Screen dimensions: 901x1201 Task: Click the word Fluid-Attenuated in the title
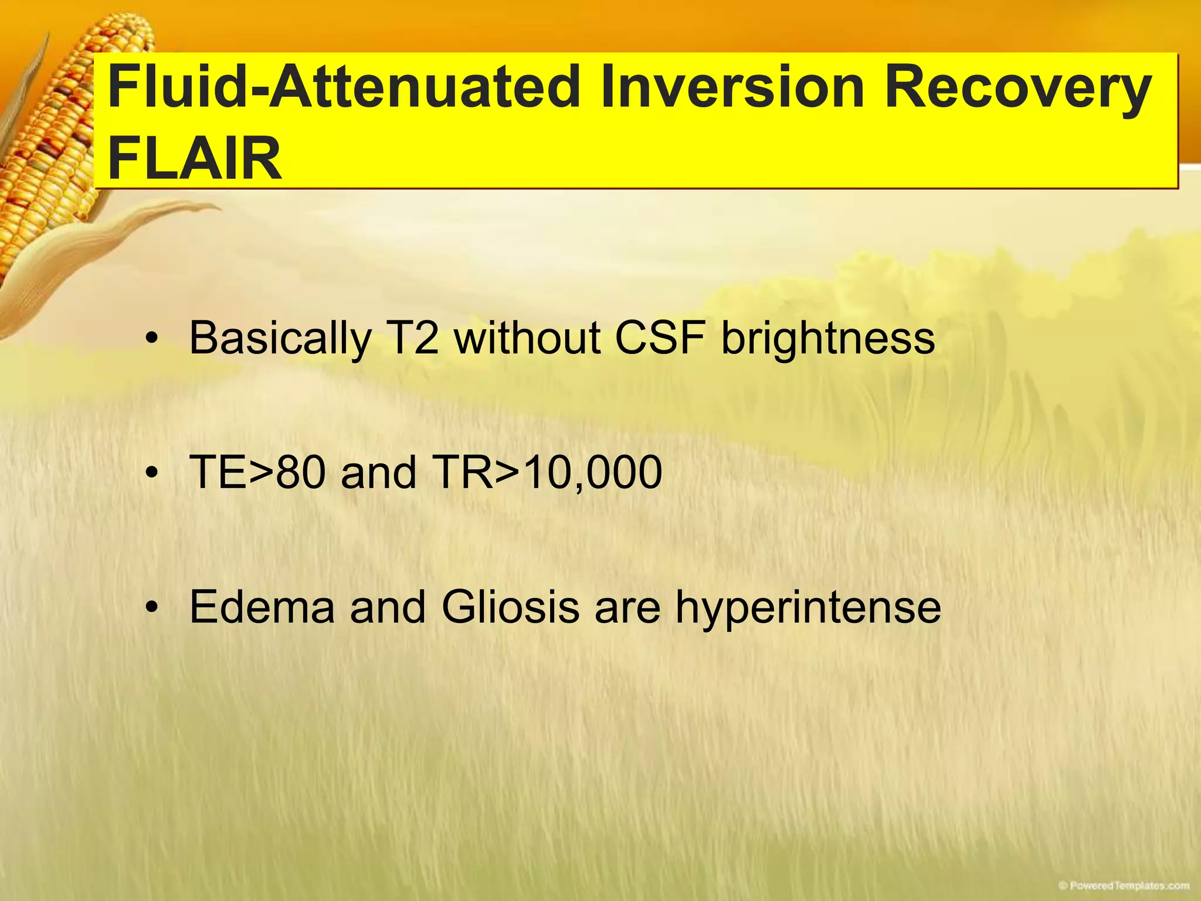(342, 88)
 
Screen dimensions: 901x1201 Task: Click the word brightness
(827, 339)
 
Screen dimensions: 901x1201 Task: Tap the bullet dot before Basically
(152, 340)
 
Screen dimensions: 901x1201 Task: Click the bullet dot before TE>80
(152, 474)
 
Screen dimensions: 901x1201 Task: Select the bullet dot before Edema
(152, 609)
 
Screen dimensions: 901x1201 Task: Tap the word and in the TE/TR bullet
(378, 472)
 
